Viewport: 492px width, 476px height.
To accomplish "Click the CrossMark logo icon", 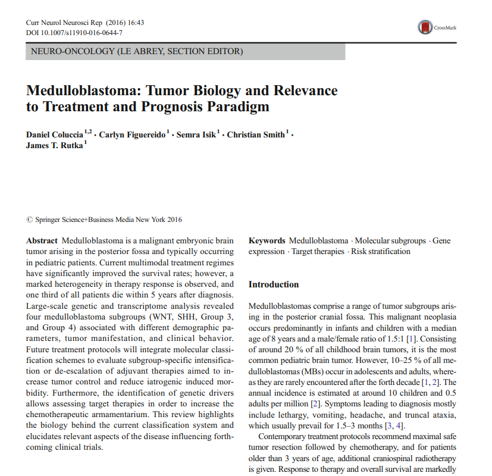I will coord(425,27).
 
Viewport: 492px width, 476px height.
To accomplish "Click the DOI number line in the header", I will coord(75,32).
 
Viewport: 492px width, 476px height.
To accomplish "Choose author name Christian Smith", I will coord(256,135).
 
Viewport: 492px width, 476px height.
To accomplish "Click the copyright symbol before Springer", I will coord(30,220).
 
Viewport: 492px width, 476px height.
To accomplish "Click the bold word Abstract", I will coord(42,241).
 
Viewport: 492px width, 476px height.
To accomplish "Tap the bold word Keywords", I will coord(267,241).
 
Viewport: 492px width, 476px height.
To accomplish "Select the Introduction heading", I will coord(274,284).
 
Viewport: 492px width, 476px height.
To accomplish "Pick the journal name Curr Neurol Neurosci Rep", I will coord(58,23).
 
